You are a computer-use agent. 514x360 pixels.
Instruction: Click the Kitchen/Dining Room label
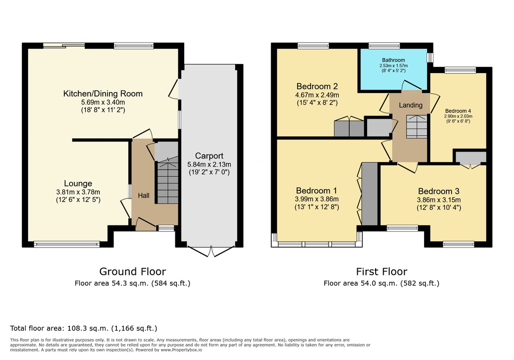coord(103,94)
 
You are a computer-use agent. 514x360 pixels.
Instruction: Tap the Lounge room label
coord(78,183)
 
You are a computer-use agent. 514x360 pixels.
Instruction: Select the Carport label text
coord(209,156)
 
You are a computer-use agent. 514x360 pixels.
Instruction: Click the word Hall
coord(143,195)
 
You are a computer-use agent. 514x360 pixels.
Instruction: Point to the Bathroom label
coord(394,60)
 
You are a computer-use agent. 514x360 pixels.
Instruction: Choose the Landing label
coord(411,105)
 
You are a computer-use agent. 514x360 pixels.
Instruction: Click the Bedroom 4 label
coord(458,111)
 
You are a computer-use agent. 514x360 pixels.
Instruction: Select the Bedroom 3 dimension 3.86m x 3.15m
coord(439,200)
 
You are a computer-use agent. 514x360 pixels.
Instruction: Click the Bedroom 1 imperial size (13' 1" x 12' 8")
coord(317,207)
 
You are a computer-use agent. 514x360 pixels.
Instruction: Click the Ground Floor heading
coord(132,271)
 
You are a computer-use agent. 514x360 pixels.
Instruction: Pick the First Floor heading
coord(382,271)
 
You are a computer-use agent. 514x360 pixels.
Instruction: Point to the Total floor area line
coord(83,328)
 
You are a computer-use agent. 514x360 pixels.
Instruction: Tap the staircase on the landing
coord(417,126)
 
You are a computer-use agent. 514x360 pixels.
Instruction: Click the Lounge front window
coord(66,244)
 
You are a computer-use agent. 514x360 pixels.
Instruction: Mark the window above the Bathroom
coord(384,46)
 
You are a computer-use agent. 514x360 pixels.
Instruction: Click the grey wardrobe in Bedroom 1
coord(370,193)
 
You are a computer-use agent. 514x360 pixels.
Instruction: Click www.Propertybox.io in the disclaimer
coord(181,350)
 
